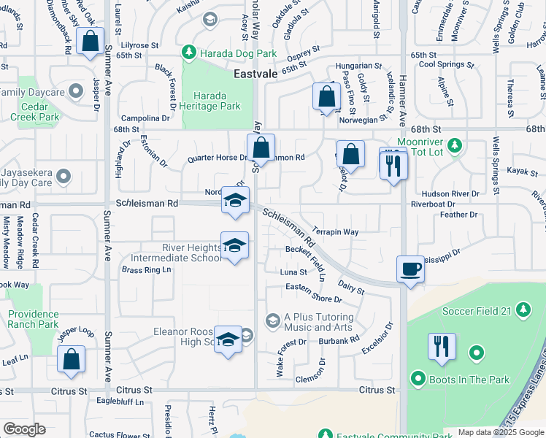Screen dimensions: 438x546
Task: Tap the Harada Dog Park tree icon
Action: (x=189, y=53)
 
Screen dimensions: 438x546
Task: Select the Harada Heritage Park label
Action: (x=210, y=101)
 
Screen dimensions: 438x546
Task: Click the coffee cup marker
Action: (x=409, y=269)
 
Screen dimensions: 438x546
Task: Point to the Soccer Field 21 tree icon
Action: (x=523, y=311)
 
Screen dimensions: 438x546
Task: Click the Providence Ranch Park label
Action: (x=34, y=319)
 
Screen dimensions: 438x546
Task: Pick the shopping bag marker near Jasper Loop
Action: (x=71, y=359)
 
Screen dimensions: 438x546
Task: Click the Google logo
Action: (x=24, y=429)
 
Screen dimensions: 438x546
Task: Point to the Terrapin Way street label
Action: (x=335, y=231)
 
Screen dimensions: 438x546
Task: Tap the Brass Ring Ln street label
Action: (x=146, y=269)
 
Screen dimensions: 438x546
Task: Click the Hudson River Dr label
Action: (x=455, y=194)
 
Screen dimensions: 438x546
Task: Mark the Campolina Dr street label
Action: (x=145, y=118)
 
